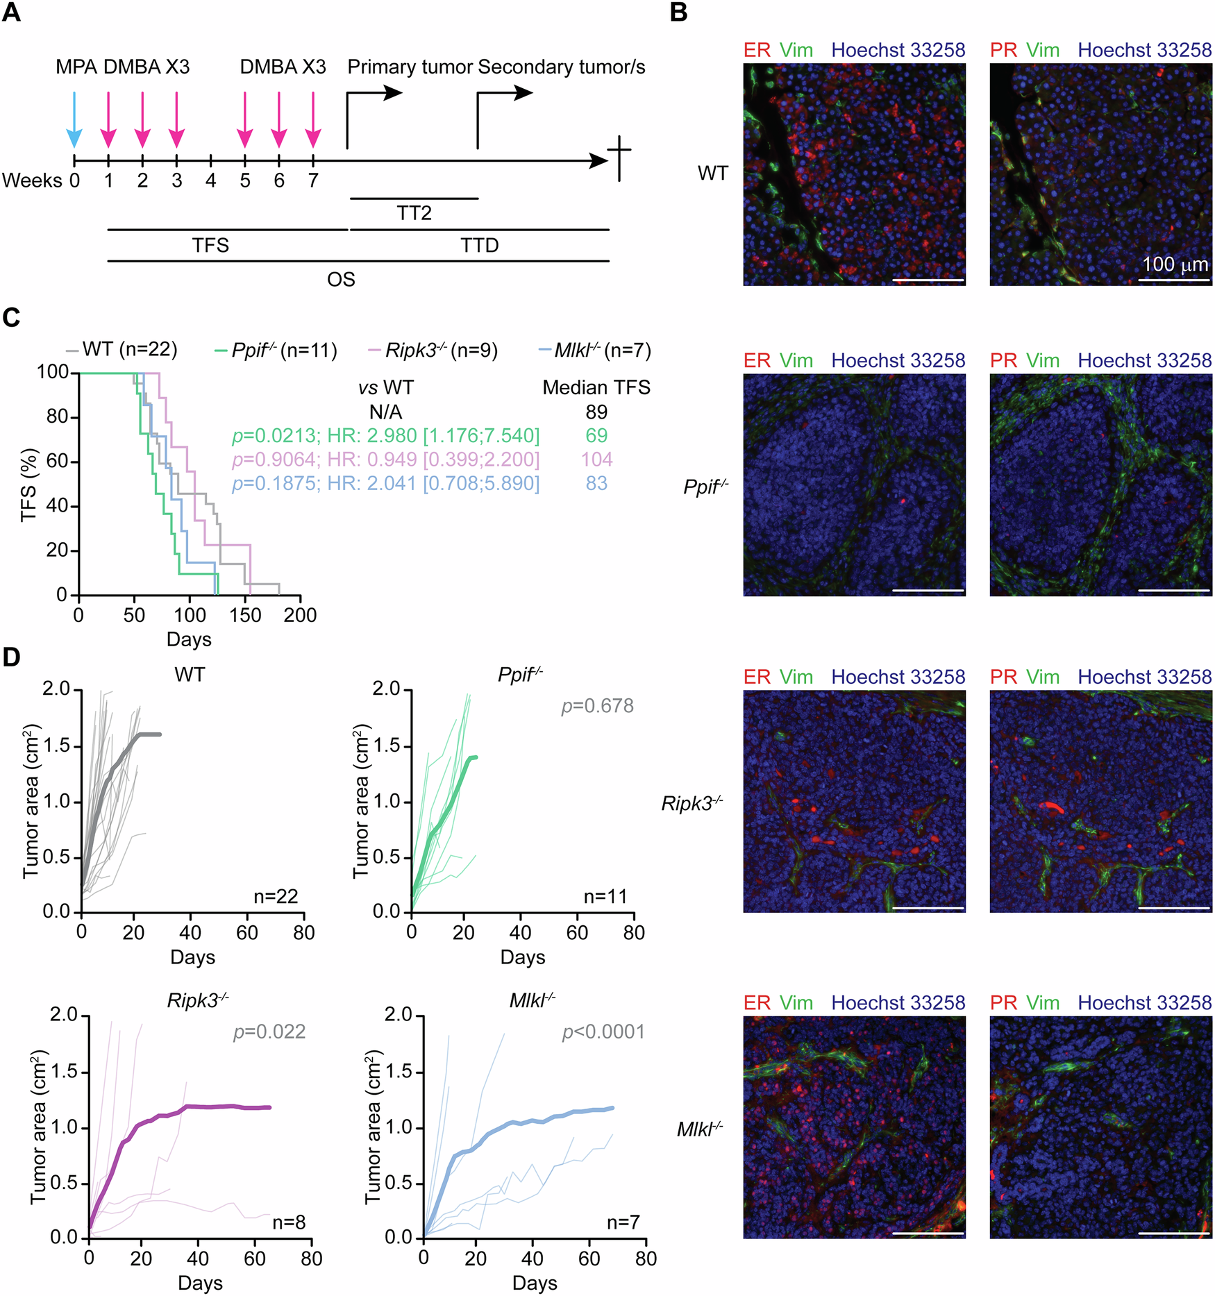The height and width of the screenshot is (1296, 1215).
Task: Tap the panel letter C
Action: click(x=11, y=317)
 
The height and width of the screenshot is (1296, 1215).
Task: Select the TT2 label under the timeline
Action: click(x=414, y=212)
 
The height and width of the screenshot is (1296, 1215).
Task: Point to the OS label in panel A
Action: click(x=341, y=279)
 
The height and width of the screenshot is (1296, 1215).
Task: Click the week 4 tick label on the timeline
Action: click(x=210, y=181)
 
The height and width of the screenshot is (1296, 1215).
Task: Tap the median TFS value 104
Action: click(x=596, y=460)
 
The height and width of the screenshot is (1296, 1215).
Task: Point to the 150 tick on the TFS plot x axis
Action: click(x=245, y=615)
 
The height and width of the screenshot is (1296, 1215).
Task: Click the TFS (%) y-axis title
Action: click(x=28, y=484)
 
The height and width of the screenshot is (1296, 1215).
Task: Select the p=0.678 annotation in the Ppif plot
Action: click(x=597, y=706)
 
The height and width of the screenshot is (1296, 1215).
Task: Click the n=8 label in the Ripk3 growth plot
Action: click(x=289, y=1222)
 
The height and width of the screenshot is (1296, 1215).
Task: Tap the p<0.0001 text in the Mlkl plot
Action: click(x=603, y=1032)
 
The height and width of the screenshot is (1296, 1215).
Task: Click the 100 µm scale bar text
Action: click(x=1175, y=264)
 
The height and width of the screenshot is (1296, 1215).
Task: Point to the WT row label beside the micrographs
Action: click(x=713, y=173)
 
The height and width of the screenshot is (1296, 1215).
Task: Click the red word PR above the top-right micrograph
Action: click(x=1003, y=50)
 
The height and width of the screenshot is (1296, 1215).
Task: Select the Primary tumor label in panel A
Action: click(x=410, y=67)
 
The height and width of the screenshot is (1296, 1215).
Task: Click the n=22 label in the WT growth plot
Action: click(x=276, y=896)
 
